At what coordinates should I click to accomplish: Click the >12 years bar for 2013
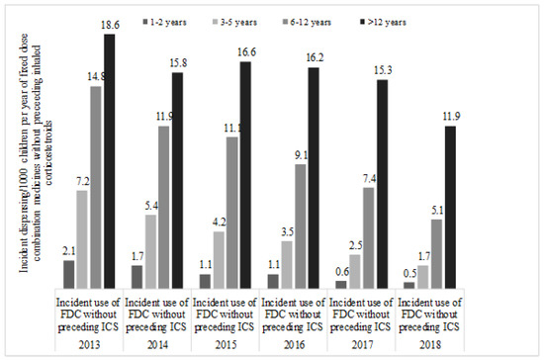click(110, 161)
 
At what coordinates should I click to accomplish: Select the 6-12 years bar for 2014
click(164, 207)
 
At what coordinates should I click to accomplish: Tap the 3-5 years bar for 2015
click(219, 260)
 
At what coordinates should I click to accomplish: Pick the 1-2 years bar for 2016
click(273, 281)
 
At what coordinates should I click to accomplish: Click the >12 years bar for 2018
click(450, 207)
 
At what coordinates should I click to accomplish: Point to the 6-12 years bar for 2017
click(369, 238)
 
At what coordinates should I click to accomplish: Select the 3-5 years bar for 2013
click(82, 239)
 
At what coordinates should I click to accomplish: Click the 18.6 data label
click(110, 26)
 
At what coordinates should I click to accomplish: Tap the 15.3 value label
click(383, 71)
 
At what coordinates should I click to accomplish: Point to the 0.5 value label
click(409, 274)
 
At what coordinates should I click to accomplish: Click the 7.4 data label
click(369, 179)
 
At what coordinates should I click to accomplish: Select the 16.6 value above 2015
click(246, 52)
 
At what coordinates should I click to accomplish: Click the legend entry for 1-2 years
click(164, 22)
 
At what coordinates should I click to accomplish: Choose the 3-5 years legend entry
click(234, 22)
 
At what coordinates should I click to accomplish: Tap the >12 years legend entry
click(384, 22)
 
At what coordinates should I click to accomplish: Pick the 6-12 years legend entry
click(307, 22)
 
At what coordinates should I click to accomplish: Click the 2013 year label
click(89, 345)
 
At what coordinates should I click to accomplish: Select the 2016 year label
click(294, 345)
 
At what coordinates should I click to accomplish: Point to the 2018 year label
click(430, 345)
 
